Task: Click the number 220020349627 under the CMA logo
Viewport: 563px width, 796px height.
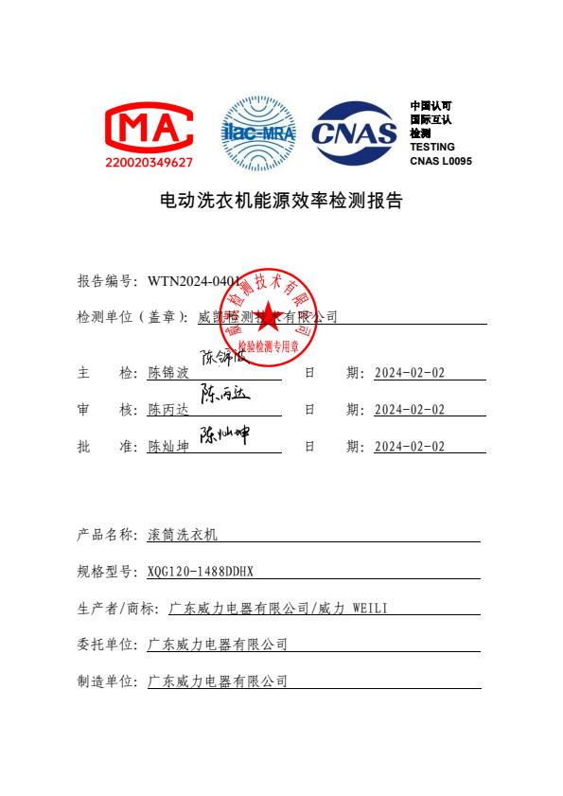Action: click(149, 163)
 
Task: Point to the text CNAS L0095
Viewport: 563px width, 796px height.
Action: click(440, 161)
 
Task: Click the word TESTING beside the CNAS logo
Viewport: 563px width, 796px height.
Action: click(431, 147)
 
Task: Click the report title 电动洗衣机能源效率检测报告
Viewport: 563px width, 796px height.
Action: click(280, 202)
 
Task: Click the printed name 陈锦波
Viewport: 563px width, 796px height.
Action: click(169, 373)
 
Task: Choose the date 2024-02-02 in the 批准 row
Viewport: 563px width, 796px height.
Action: click(409, 447)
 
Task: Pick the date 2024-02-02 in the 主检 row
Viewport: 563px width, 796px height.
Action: click(409, 373)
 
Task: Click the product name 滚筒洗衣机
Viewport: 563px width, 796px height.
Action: click(183, 535)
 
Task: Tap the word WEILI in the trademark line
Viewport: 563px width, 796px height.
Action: click(368, 608)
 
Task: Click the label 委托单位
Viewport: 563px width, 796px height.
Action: click(105, 645)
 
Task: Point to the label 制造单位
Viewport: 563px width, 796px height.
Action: click(105, 681)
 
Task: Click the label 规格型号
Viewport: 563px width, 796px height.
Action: click(105, 572)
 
